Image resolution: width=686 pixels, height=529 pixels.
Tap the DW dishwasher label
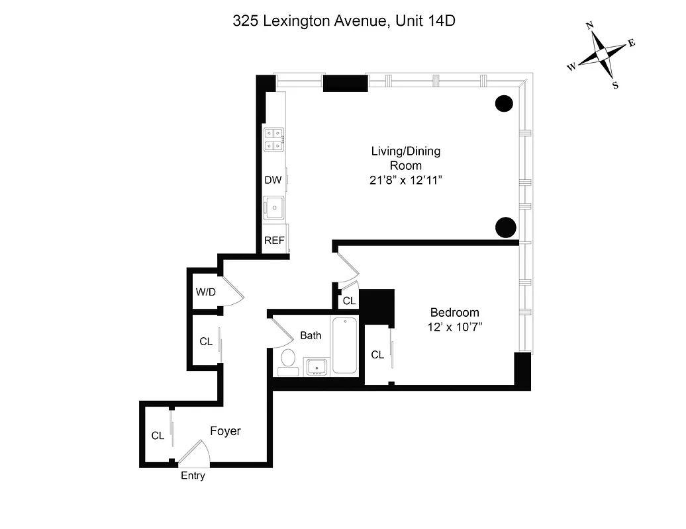273,180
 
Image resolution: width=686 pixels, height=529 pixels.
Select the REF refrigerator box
274,240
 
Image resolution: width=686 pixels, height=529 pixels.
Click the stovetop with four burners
273,140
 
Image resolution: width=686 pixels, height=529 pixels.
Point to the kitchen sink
273,208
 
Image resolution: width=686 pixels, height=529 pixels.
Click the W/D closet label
205,292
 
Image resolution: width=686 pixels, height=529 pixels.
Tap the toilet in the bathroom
288,359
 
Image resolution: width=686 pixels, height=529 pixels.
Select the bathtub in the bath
345,345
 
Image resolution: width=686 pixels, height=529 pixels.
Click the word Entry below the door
193,475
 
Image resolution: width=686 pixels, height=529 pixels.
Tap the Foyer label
225,431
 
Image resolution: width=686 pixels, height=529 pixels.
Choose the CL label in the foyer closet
158,436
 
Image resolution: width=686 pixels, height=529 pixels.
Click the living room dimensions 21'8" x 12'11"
405,180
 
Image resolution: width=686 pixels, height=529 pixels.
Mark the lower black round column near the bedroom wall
505,227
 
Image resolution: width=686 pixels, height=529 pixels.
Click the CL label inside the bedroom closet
377,355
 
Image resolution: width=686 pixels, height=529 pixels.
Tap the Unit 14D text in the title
425,20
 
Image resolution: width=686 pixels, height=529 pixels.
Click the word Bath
311,335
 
